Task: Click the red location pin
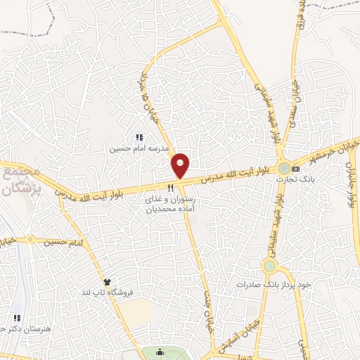coord(181,165)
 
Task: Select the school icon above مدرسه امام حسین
coord(139,138)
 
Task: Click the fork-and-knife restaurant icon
coord(170,188)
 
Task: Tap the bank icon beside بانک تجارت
coord(295,169)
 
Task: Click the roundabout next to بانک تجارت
coord(283,169)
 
